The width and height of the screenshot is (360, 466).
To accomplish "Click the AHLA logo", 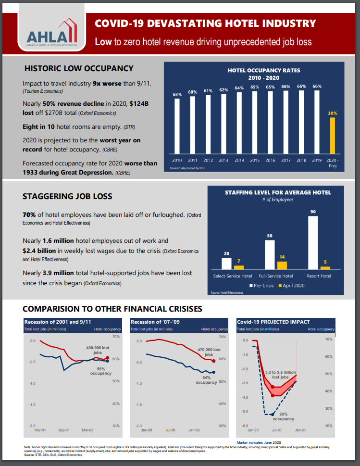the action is (x=52, y=32).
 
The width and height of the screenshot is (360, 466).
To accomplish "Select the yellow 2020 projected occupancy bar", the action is (x=333, y=136).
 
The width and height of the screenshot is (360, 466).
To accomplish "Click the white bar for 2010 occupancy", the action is (x=177, y=126).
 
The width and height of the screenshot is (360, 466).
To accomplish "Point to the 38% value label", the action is (x=333, y=113).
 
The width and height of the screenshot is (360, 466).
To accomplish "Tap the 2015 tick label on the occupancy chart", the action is (x=255, y=160).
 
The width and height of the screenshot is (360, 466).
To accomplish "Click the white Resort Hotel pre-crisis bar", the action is (x=313, y=242).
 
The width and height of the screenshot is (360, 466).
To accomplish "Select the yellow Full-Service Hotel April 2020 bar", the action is (x=282, y=265).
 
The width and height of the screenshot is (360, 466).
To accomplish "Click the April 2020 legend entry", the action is (x=291, y=286).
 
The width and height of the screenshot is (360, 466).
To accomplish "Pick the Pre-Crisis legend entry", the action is (x=261, y=286).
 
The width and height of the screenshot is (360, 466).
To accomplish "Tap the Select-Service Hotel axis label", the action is (x=233, y=276).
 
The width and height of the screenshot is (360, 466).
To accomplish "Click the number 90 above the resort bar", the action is (x=313, y=212).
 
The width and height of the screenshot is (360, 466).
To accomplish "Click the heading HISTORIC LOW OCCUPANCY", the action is (x=79, y=68).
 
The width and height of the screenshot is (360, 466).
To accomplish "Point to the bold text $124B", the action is (x=139, y=104).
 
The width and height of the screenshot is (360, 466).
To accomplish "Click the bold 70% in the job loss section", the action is (x=29, y=214).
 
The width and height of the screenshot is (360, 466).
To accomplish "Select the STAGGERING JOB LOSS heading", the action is (x=67, y=196).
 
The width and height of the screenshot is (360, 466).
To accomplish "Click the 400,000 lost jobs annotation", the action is (x=98, y=350).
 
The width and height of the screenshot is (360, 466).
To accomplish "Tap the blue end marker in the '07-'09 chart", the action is (x=213, y=372).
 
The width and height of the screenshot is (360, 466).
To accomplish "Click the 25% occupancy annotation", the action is (x=284, y=416).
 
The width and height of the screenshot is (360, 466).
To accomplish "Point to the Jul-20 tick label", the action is (x=276, y=430).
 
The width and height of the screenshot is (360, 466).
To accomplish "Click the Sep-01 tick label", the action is (x=64, y=430).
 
